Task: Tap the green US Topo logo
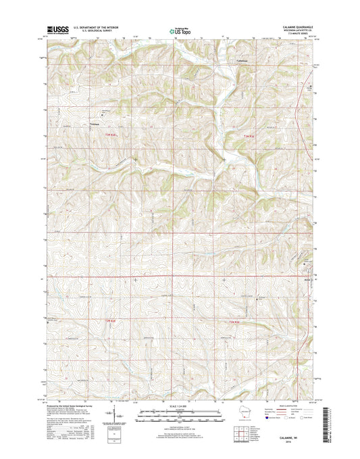[180, 30]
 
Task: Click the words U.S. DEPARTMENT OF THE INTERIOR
[99, 28]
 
